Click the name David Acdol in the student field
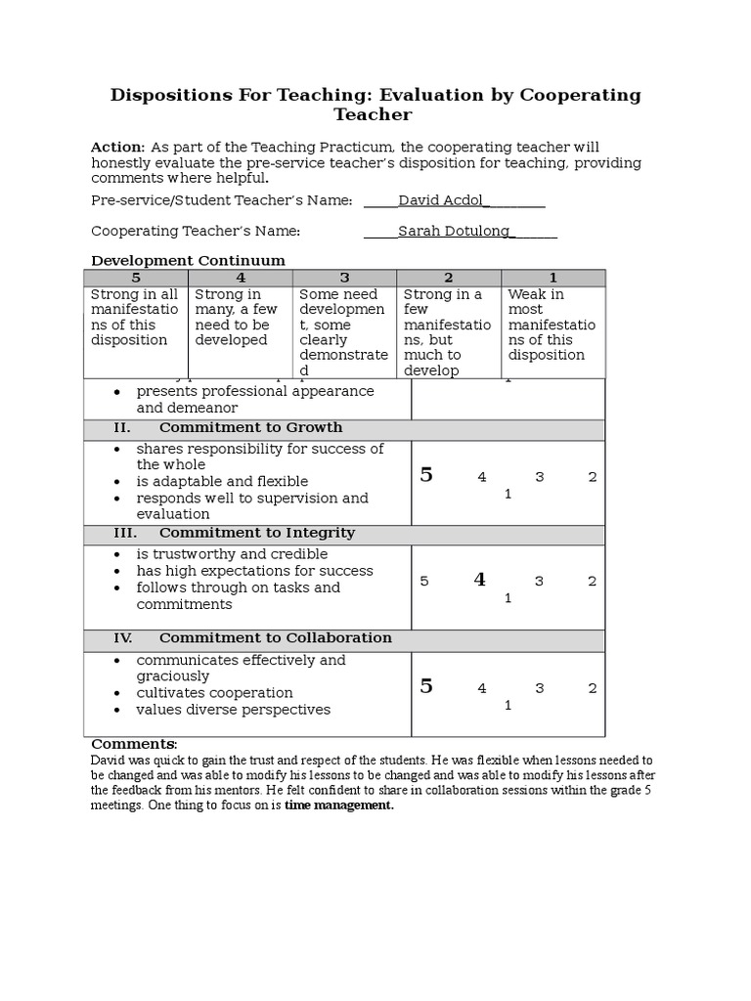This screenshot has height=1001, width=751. pos(440,200)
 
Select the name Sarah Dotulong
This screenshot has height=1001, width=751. pos(456,231)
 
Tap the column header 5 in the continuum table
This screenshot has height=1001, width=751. pos(135,278)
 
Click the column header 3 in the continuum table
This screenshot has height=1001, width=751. pos(344,278)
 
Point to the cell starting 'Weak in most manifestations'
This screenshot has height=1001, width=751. pos(552,325)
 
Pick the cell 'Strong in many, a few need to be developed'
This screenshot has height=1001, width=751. pos(240,317)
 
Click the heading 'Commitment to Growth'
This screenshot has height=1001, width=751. pos(250,428)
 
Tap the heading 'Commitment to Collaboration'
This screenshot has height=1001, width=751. pos(275,638)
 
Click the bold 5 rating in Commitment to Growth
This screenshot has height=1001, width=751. pos(426,476)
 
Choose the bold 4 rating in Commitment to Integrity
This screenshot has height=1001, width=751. pos(479,580)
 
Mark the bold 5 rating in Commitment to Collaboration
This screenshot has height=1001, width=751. pos(426,686)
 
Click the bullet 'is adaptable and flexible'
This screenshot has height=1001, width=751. pos(222,482)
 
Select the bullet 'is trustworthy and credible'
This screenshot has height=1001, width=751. pos(232,554)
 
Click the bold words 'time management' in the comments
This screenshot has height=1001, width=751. pos(339,805)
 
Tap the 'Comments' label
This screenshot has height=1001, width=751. pos(134,744)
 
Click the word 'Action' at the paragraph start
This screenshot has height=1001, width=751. pos(117,147)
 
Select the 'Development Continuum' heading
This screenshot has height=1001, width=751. pos(188,261)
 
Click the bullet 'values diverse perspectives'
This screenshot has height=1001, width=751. pos(233,710)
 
